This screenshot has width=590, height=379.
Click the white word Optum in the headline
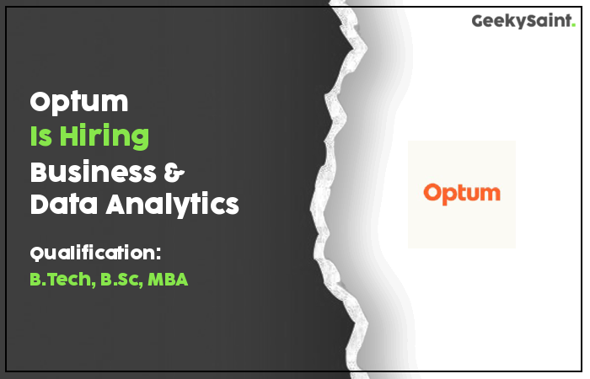point(79,102)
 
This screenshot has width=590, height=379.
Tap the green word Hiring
point(105,136)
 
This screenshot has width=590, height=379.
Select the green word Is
point(41,136)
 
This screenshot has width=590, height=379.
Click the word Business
point(93,172)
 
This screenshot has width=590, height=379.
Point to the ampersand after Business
point(174,172)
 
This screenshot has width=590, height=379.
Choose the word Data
point(64,204)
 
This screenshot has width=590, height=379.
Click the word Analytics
point(172,205)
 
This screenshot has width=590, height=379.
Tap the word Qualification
point(92,253)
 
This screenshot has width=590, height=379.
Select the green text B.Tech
point(61,280)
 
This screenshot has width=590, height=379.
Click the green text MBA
point(168,280)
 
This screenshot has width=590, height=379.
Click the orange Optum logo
point(462,194)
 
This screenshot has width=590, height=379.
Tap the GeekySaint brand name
point(521,21)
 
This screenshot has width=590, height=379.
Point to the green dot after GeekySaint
point(573,24)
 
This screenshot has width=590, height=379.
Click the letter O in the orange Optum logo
point(432,193)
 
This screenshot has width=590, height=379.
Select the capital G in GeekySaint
point(478,21)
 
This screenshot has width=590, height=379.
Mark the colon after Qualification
point(158,254)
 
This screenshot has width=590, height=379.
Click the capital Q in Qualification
point(37,254)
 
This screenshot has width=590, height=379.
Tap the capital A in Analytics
point(117,204)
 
